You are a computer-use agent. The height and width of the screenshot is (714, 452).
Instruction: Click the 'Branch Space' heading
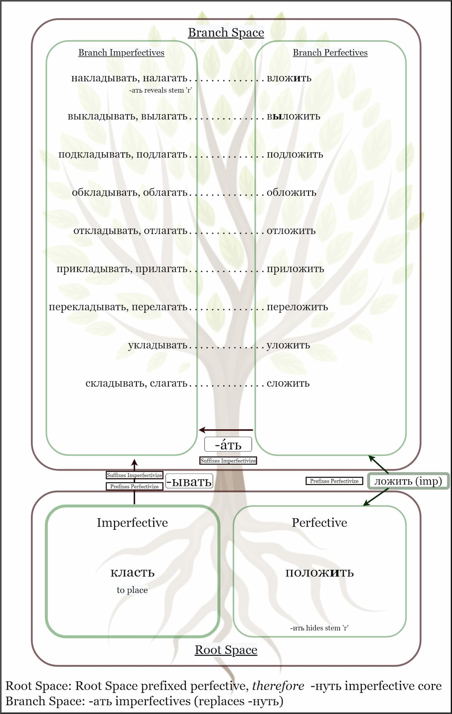pos(226,33)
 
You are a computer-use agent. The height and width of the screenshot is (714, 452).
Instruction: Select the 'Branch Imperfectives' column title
pos(121,53)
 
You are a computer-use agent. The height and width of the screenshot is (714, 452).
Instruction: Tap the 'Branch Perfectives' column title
pos(330,53)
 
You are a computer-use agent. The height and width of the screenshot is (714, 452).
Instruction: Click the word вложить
pos(289,78)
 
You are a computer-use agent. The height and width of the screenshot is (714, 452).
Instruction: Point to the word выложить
pos(293,116)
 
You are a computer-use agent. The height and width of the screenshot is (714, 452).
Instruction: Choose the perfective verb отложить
pos(291,231)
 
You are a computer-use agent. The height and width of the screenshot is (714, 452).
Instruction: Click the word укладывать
pos(157,345)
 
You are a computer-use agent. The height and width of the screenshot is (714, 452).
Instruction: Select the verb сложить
pos(288,384)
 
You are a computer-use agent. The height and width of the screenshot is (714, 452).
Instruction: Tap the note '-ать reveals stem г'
pos(160,90)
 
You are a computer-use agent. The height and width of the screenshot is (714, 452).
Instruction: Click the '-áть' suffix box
pos(228,445)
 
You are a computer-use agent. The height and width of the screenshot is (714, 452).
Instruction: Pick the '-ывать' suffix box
pos(189,482)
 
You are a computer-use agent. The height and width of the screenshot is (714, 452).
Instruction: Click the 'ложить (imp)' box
pos(408,481)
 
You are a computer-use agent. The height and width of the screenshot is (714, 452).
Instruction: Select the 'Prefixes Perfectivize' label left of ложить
pos(334,481)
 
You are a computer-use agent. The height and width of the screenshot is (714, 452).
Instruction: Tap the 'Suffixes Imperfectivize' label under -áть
pos(228,461)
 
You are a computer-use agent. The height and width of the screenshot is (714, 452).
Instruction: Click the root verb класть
pos(132,572)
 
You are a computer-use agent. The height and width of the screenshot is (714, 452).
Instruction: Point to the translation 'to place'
pos(132,590)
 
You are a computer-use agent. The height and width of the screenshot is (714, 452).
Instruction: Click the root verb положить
pos(319,573)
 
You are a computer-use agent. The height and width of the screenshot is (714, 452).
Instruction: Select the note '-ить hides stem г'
pos(319,628)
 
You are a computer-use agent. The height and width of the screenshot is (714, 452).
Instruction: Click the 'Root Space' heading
pos(226,650)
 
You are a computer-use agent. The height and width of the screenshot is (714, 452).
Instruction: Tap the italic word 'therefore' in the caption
pos(278,686)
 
